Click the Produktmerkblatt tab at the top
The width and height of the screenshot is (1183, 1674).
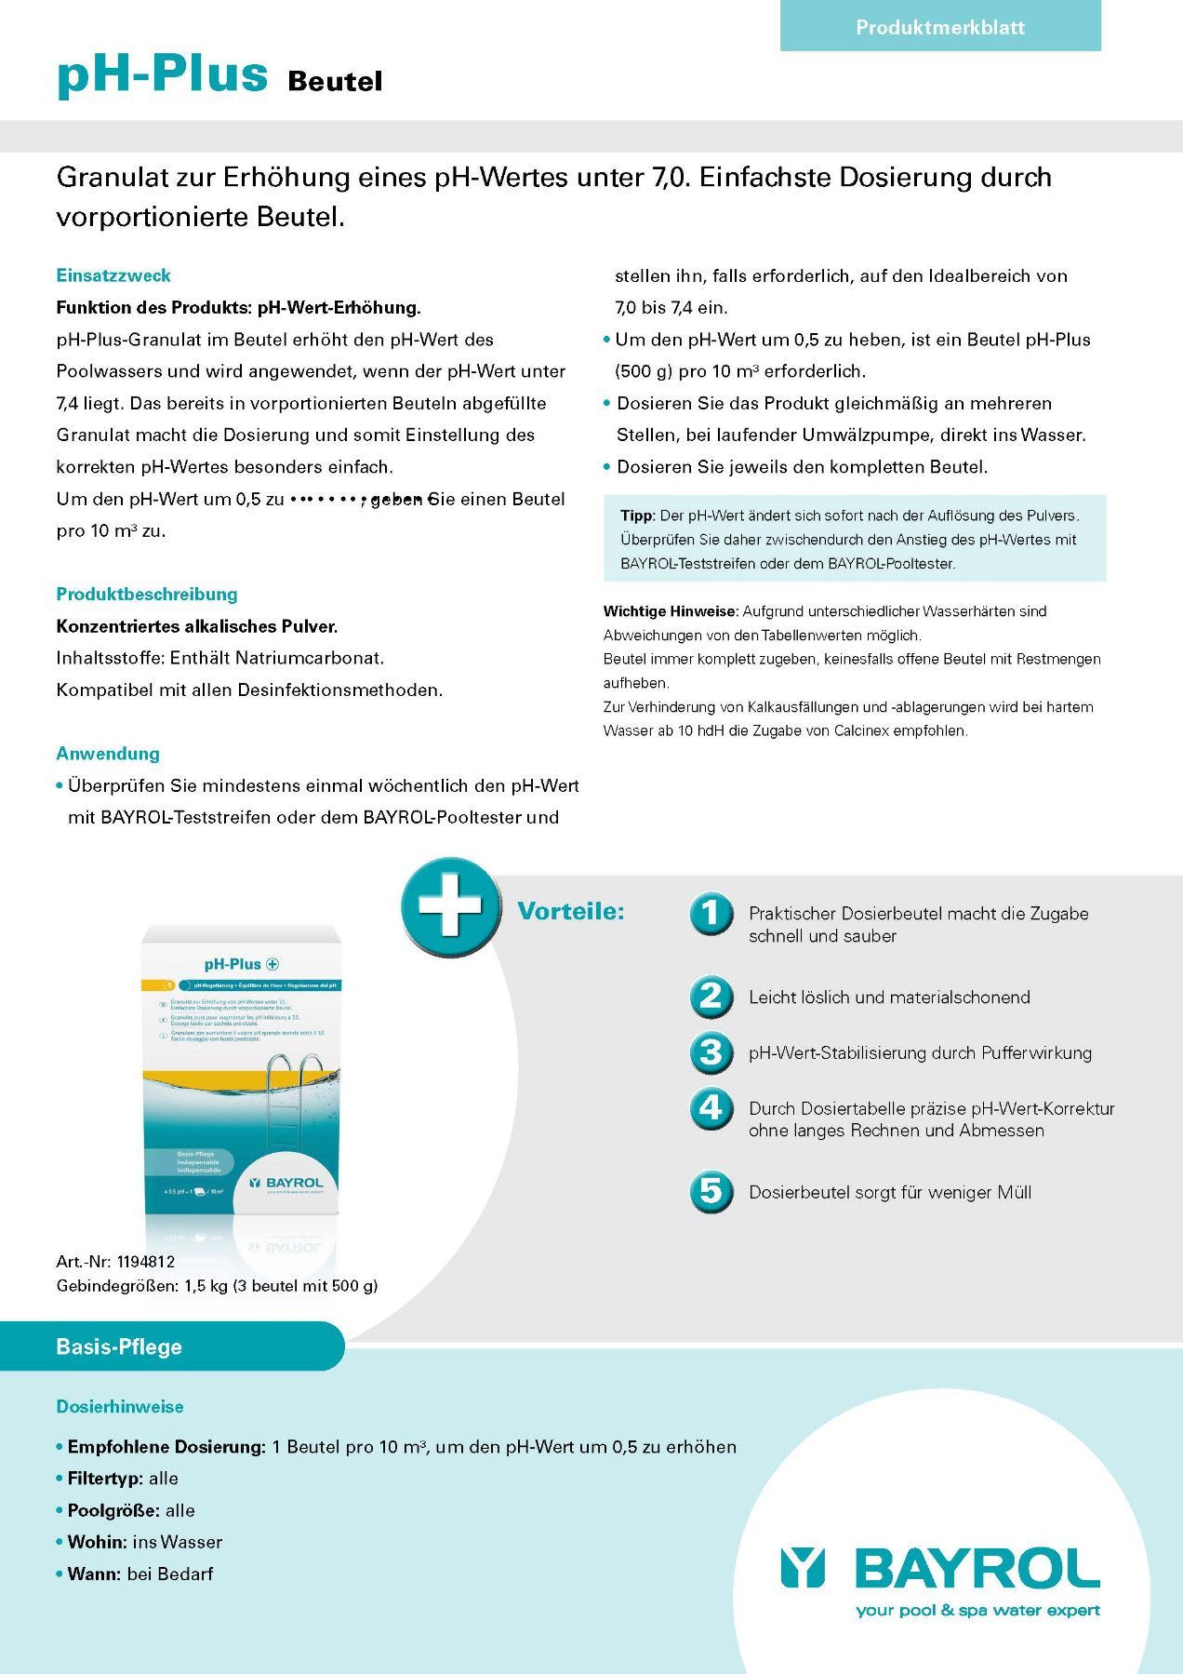tap(939, 27)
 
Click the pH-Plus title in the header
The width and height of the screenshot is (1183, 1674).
tap(162, 74)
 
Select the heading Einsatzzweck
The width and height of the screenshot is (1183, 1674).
tap(113, 275)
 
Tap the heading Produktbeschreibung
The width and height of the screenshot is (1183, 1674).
tap(147, 594)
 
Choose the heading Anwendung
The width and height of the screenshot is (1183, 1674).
tap(108, 754)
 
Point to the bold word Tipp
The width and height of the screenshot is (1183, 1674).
tap(637, 516)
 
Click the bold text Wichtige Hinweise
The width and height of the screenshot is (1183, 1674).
tap(670, 611)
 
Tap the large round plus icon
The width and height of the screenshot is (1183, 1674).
tap(450, 905)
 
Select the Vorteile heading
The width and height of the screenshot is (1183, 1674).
tap(570, 911)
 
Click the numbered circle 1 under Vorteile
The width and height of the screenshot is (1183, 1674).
tap(711, 913)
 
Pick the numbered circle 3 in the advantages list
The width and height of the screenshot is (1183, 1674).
tap(711, 1052)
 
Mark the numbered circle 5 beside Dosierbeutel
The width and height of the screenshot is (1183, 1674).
tap(711, 1192)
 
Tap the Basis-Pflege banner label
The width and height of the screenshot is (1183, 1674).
tap(119, 1346)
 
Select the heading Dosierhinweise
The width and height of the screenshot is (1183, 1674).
tap(120, 1406)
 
